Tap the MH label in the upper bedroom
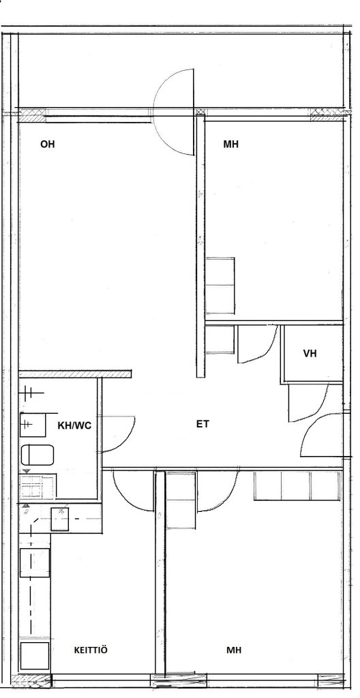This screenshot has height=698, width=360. [x=230, y=145]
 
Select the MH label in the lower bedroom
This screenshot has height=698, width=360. [x=233, y=650]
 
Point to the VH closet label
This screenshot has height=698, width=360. [x=310, y=354]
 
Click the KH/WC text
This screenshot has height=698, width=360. [x=74, y=425]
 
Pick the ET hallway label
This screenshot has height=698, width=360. [x=202, y=424]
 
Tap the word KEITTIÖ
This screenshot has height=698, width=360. [x=91, y=650]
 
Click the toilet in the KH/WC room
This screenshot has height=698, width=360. [x=37, y=455]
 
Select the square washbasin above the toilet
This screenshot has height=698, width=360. [x=33, y=425]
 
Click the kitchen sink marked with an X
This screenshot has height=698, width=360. [x=60, y=519]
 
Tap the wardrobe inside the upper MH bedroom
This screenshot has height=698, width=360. [x=220, y=286]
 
